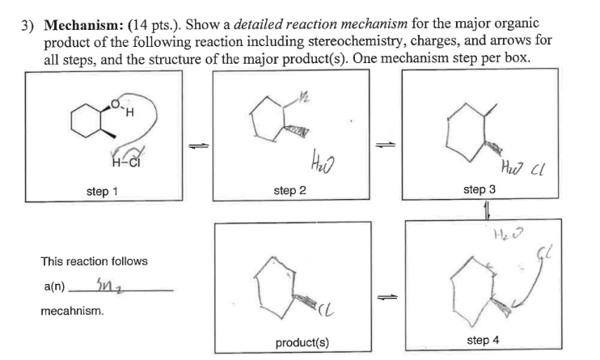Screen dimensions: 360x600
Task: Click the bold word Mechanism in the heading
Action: click(78, 24)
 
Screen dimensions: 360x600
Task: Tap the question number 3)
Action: click(28, 24)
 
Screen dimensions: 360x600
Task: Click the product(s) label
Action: click(302, 341)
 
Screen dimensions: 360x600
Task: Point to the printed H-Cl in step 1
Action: click(108, 156)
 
